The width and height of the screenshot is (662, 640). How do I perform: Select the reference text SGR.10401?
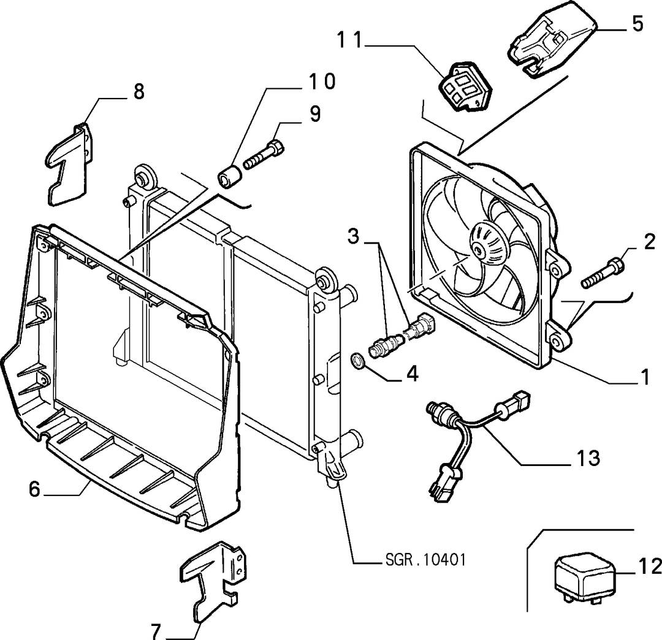425,560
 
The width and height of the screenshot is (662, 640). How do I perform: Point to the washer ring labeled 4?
358,361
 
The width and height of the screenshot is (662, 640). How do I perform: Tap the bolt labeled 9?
264,156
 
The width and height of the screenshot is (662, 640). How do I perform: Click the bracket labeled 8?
70,165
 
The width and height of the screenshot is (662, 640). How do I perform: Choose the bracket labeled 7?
213,582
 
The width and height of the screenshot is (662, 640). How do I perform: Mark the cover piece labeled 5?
551,42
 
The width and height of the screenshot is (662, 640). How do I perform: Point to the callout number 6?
34,489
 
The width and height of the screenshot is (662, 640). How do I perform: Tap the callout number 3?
353,236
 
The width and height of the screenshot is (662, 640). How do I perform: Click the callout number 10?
322,81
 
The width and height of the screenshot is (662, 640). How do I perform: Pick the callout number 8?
139,91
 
